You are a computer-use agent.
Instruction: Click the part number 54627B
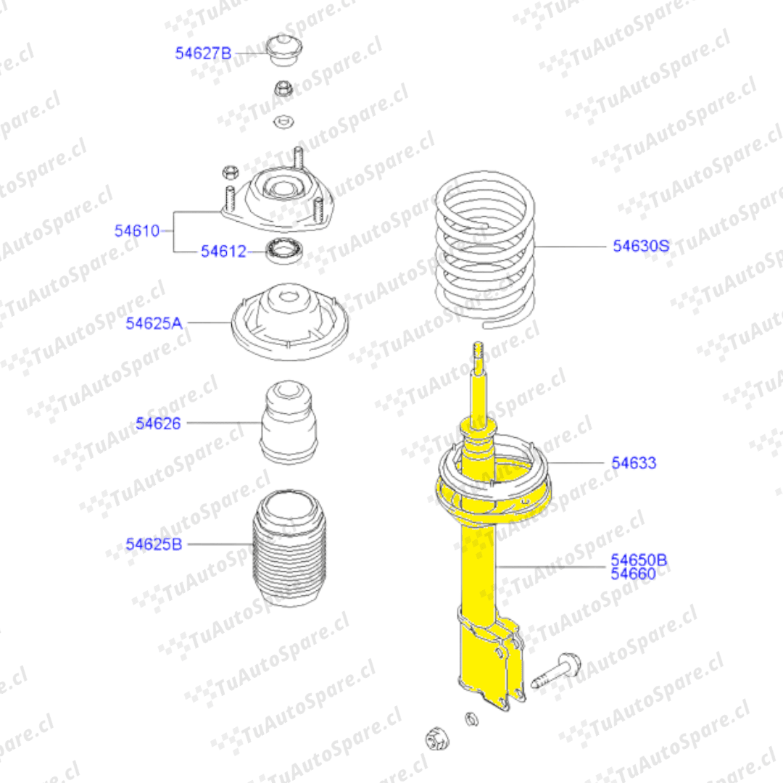pyautogui.click(x=203, y=53)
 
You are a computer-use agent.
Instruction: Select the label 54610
pyautogui.click(x=137, y=231)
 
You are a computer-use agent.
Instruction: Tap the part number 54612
pyautogui.click(x=224, y=251)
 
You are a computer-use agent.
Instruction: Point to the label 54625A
pyautogui.click(x=154, y=323)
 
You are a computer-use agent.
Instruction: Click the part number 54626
pyautogui.click(x=158, y=423)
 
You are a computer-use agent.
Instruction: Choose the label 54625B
pyautogui.click(x=154, y=544)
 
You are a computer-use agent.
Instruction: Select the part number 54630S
pyautogui.click(x=641, y=246)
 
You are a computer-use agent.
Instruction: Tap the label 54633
pyautogui.click(x=634, y=463)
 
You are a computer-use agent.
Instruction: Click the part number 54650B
pyautogui.click(x=639, y=560)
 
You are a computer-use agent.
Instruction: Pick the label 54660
pyautogui.click(x=634, y=573)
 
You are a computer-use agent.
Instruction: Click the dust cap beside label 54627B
pyautogui.click(x=283, y=50)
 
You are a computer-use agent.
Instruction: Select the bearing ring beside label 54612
pyautogui.click(x=284, y=251)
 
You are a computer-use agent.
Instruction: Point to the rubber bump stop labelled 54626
pyautogui.click(x=289, y=423)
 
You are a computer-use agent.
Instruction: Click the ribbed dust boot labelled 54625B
pyautogui.click(x=289, y=548)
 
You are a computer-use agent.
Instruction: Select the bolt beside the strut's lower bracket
pyautogui.click(x=556, y=671)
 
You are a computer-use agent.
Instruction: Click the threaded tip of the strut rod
pyautogui.click(x=478, y=349)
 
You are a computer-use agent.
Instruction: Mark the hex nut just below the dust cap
pyautogui.click(x=283, y=88)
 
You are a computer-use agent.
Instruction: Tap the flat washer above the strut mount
pyautogui.click(x=283, y=121)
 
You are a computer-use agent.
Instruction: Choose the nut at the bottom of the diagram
pyautogui.click(x=437, y=739)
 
